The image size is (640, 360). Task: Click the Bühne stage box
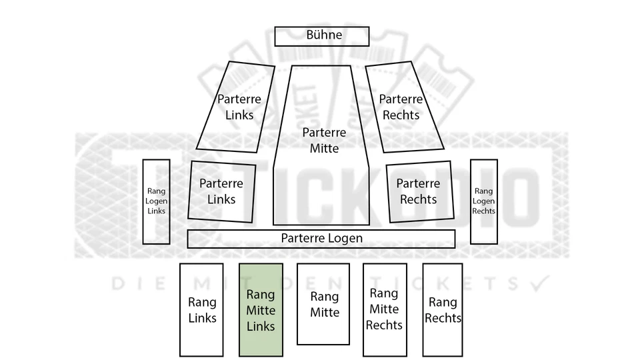pyautogui.click(x=321, y=36)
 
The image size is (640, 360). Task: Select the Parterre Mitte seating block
pyautogui.click(x=321, y=145)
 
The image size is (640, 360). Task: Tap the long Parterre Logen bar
pyautogui.click(x=321, y=239)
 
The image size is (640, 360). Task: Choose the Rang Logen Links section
pyautogui.click(x=156, y=201)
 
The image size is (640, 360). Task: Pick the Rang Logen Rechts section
pyautogui.click(x=484, y=201)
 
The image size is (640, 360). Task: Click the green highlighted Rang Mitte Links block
pyautogui.click(x=261, y=310)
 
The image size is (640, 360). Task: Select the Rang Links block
pyautogui.click(x=201, y=310)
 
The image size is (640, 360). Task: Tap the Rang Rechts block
pyautogui.click(x=443, y=310)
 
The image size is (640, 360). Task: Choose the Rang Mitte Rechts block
pyautogui.click(x=385, y=310)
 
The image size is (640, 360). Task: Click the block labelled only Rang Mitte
pyautogui.click(x=323, y=304)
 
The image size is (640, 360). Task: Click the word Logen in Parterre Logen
pyautogui.click(x=345, y=239)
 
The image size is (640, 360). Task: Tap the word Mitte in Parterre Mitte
pyautogui.click(x=324, y=148)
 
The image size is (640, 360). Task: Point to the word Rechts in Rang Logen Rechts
pyautogui.click(x=484, y=211)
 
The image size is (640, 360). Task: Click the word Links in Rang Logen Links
pyautogui.click(x=156, y=211)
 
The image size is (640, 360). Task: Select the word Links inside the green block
pyautogui.click(x=261, y=326)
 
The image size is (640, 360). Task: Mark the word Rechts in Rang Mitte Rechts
pyautogui.click(x=384, y=325)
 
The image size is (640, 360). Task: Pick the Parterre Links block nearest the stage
pyautogui.click(x=236, y=107)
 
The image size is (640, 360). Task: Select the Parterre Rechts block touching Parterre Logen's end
pyautogui.click(x=420, y=191)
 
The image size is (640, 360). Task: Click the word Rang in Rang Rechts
pyautogui.click(x=443, y=302)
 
